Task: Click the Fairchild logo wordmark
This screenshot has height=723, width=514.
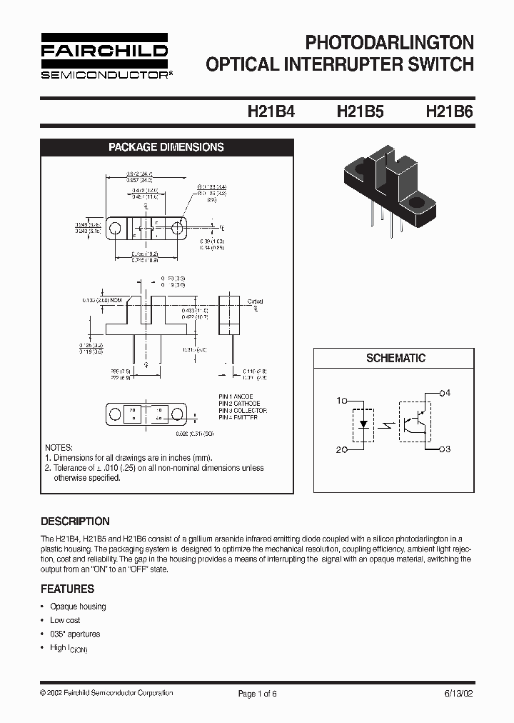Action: (x=104, y=51)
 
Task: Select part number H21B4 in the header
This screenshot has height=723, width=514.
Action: (x=271, y=112)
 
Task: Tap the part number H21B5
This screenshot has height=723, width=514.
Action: (x=360, y=112)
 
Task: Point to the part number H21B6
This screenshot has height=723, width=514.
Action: (x=449, y=112)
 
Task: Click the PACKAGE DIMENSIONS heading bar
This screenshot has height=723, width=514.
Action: (x=166, y=147)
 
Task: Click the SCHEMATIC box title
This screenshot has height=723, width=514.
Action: (x=395, y=358)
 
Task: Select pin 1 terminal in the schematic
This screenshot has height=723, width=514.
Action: (x=345, y=401)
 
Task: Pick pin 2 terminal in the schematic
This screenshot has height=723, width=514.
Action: (x=345, y=449)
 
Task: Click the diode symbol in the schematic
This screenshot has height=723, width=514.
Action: (x=364, y=424)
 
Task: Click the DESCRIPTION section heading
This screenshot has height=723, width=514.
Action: (x=75, y=522)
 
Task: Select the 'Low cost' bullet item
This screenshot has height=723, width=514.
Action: (x=65, y=620)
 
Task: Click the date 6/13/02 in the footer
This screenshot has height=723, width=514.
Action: (x=457, y=693)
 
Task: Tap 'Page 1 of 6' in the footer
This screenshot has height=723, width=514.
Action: (x=256, y=693)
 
